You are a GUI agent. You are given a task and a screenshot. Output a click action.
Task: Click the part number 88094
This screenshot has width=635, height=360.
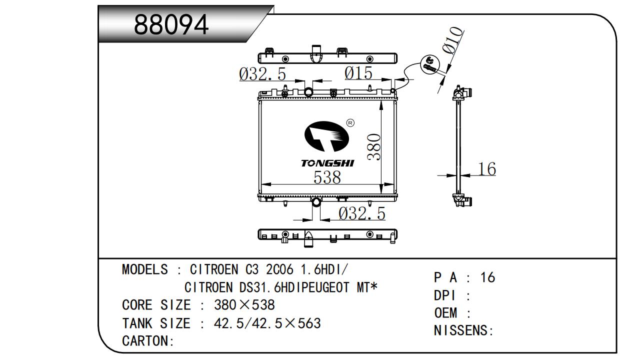171,25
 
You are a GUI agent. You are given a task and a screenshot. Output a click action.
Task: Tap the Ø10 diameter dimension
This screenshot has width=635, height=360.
452,40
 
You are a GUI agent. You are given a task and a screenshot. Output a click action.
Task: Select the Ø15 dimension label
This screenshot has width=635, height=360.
358,73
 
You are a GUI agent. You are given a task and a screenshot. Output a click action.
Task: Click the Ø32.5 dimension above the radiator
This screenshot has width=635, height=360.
262,74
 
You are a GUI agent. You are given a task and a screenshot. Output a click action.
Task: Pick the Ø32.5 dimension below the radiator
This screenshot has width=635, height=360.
362,214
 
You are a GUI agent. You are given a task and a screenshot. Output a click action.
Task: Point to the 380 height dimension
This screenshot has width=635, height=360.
374,147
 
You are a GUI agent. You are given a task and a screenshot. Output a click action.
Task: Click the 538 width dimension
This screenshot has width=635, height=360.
327,177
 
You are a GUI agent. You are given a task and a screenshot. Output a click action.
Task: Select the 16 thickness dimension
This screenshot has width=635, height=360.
486,169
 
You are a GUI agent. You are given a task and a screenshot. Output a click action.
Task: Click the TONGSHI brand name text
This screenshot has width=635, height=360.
327,163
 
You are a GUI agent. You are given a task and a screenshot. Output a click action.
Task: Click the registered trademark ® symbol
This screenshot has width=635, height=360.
350,122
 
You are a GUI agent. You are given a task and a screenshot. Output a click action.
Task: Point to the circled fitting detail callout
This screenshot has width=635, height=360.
429,64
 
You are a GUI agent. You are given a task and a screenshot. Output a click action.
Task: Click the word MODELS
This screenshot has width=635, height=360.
145,270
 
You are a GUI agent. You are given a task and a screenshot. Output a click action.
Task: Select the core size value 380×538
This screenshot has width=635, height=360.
244,305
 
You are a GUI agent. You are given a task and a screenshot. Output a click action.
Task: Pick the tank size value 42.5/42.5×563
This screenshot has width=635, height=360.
267,323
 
